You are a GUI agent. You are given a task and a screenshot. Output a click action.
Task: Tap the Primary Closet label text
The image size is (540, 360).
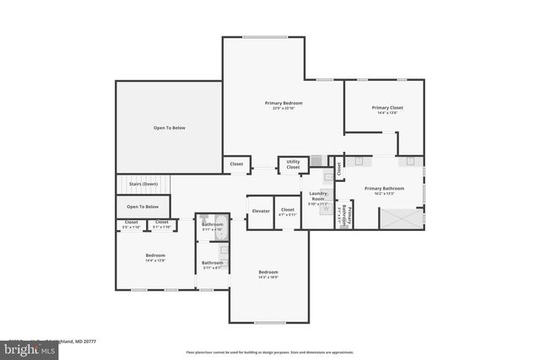[387, 108]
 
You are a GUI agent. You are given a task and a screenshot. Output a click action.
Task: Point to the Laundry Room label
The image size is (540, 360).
[318, 196]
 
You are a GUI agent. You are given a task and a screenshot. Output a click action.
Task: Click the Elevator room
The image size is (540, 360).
[261, 210]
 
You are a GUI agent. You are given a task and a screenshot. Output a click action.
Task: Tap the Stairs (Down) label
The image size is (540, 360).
[143, 183]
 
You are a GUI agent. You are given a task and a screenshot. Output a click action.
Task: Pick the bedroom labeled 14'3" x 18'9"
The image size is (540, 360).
[268, 274]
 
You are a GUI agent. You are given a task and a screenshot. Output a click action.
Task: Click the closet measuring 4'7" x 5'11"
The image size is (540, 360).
[288, 212]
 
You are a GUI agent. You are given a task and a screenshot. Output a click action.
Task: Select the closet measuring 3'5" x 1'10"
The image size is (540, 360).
[131, 224]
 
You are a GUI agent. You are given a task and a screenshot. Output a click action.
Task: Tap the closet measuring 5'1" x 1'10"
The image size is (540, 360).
[161, 224]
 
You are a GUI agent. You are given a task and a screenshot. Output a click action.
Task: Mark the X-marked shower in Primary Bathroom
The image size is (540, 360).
[401, 218]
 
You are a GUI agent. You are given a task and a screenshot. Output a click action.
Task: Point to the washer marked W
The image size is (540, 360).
[325, 209]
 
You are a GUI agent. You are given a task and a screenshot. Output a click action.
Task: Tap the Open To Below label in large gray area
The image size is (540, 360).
[169, 127]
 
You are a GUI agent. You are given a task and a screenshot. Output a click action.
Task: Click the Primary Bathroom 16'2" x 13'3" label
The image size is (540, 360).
[384, 191]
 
